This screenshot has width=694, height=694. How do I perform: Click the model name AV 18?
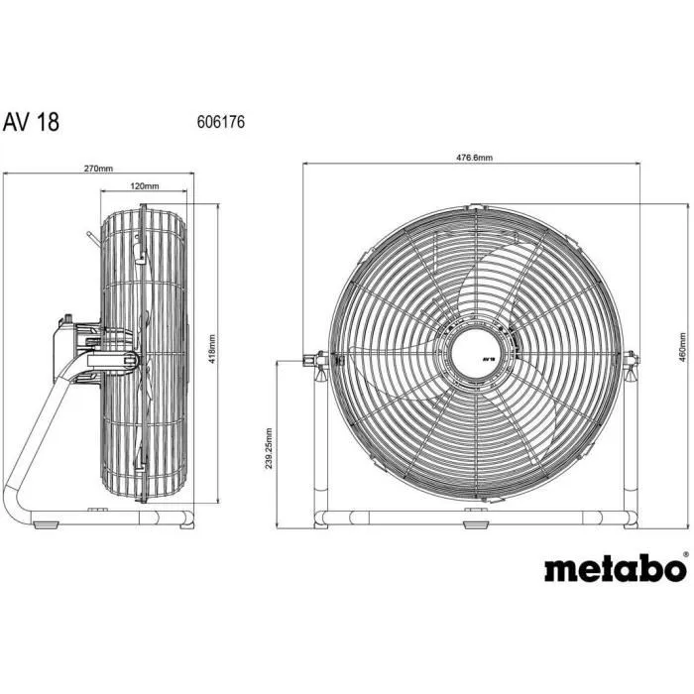tap(31, 121)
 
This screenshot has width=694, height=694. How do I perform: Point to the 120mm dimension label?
tap(145, 185)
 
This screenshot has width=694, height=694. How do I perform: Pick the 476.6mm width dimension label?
tap(474, 158)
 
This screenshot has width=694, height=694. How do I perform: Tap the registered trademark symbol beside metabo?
tap(685, 556)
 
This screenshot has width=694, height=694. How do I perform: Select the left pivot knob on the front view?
tap(316, 361)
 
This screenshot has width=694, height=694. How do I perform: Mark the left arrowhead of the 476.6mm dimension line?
tap(305, 165)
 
